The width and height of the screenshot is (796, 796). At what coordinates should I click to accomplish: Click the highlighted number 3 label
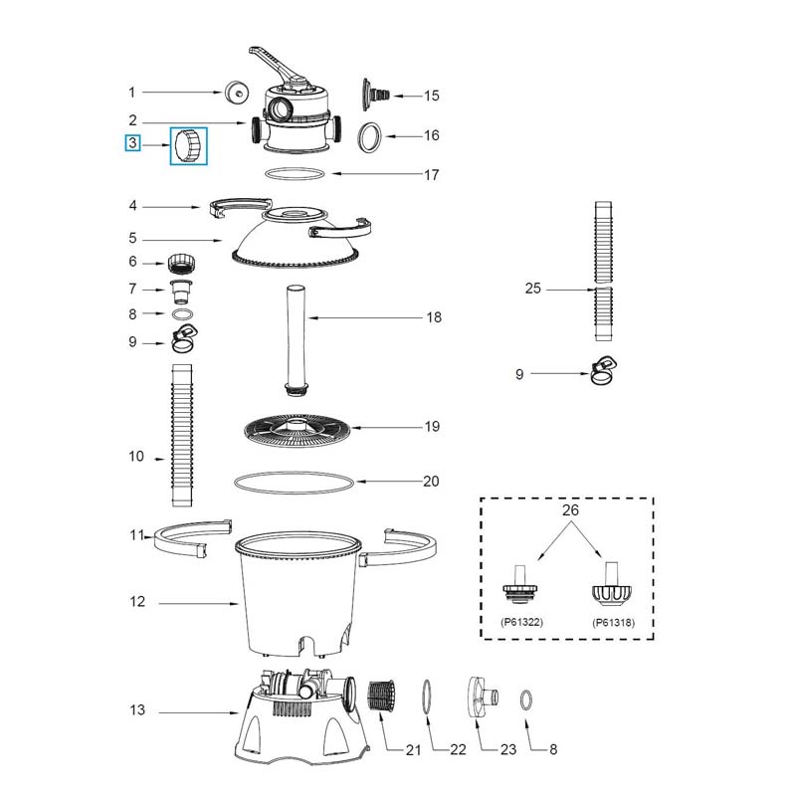pyautogui.click(x=132, y=143)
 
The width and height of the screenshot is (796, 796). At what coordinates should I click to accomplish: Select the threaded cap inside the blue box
pyautogui.click(x=188, y=145)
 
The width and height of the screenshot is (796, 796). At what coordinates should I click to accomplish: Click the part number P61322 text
pyautogui.click(x=521, y=622)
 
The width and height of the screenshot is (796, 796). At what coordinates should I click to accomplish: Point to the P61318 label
pyautogui.click(x=613, y=623)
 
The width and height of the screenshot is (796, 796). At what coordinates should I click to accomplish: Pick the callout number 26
pyautogui.click(x=570, y=509)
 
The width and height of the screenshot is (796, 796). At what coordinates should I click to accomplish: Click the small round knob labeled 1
pyautogui.click(x=236, y=93)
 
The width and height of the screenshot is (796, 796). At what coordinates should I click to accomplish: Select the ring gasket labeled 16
pyautogui.click(x=370, y=137)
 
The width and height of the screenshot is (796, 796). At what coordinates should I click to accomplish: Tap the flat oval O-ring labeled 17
pyautogui.click(x=295, y=173)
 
